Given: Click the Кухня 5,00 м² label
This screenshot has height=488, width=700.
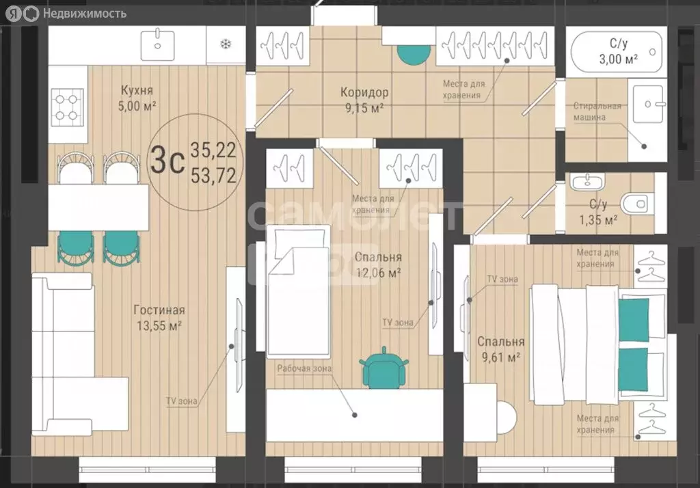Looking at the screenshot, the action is click(x=137, y=98).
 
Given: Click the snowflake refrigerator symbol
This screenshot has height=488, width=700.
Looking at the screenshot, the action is click(x=226, y=44).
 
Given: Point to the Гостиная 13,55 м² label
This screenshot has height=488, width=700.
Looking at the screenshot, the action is click(x=159, y=317).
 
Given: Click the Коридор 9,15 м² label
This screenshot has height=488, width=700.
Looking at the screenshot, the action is click(x=364, y=100).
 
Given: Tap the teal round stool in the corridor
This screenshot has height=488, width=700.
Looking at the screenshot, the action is click(x=414, y=54).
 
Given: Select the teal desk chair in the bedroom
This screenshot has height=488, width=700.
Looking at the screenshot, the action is click(x=383, y=367).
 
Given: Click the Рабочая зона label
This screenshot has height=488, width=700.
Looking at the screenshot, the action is click(x=304, y=369).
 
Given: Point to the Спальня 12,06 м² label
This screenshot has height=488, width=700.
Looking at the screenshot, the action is click(x=378, y=265).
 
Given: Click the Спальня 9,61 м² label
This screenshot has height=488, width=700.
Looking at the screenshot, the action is click(x=500, y=349).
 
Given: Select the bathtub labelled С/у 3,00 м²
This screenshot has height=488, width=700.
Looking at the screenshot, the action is click(x=617, y=51).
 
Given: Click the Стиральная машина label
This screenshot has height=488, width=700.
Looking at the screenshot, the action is click(x=597, y=111).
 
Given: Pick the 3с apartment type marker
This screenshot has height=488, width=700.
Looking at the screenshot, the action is click(x=167, y=160).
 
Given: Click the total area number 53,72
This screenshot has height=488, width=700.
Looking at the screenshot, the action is click(x=213, y=175).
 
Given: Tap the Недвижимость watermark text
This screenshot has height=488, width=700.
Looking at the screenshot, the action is click(x=84, y=14).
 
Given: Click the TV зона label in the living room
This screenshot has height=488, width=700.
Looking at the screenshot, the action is click(x=181, y=401).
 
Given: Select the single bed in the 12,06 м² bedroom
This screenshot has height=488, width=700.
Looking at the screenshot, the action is click(x=298, y=292).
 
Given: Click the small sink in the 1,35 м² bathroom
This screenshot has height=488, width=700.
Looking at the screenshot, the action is click(x=587, y=181).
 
